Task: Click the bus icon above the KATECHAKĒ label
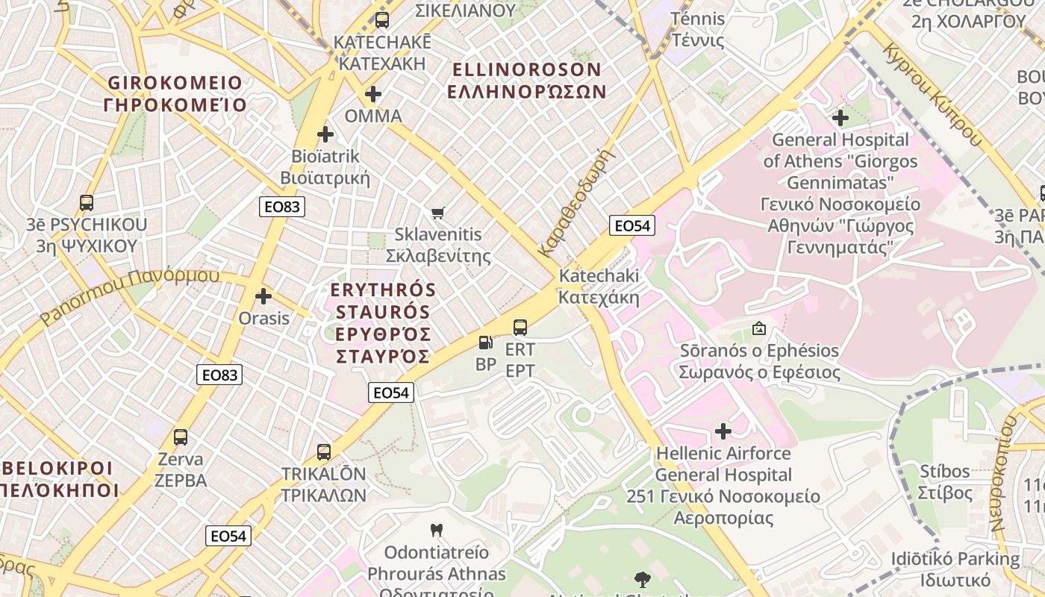pyautogui.click(x=382, y=20)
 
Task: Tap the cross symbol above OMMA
pyautogui.click(x=372, y=94)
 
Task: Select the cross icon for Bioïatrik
pyautogui.click(x=325, y=134)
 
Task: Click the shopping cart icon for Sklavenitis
pyautogui.click(x=438, y=213)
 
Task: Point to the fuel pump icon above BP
pyautogui.click(x=486, y=343)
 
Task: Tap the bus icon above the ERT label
pyautogui.click(x=520, y=327)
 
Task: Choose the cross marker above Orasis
pyautogui.click(x=263, y=296)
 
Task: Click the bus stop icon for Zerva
pyautogui.click(x=181, y=437)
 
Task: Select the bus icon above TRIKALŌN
pyautogui.click(x=324, y=451)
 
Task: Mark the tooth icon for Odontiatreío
pyautogui.click(x=437, y=531)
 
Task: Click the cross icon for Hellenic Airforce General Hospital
pyautogui.click(x=723, y=431)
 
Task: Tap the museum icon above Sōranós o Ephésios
pyautogui.click(x=759, y=328)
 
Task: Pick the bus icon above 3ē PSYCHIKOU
pyautogui.click(x=87, y=202)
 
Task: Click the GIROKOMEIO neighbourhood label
pyautogui.click(x=175, y=93)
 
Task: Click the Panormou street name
pyautogui.click(x=130, y=295)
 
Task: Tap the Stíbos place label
pyautogui.click(x=944, y=482)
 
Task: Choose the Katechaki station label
pyautogui.click(x=599, y=287)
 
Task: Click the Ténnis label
pyautogui.click(x=698, y=29)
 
